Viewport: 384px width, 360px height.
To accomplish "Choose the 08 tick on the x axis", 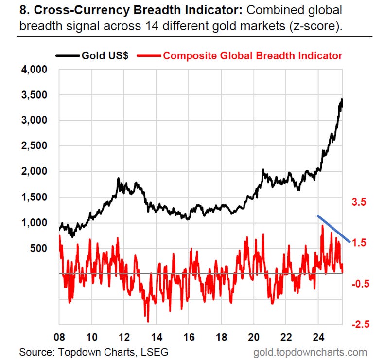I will pyautogui.click(x=59, y=336).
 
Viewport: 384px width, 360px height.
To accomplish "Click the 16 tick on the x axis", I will pyautogui.click(x=189, y=336).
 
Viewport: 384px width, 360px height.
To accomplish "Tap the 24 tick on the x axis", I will pyautogui.click(x=318, y=336).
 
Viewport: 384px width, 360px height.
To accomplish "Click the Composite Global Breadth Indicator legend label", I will pyautogui.click(x=252, y=55).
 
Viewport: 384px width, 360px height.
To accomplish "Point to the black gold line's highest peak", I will pyautogui.click(x=342, y=99).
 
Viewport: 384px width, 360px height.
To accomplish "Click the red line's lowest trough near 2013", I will pyautogui.click(x=148, y=321).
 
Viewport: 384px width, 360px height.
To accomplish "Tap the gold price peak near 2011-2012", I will pyautogui.click(x=118, y=179).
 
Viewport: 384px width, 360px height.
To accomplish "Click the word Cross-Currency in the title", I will pyautogui.click(x=68, y=10).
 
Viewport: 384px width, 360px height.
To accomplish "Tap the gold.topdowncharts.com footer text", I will pyautogui.click(x=310, y=352).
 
